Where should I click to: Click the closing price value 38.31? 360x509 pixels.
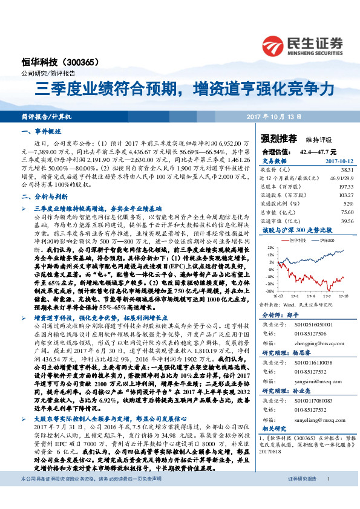pyautogui.click(x=347, y=170)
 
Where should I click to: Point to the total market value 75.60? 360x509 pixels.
pyautogui.click(x=347, y=213)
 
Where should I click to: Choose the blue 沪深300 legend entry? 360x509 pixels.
pyautogui.click(x=324, y=240)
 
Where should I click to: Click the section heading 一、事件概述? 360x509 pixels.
pyautogui.click(x=38, y=130)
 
